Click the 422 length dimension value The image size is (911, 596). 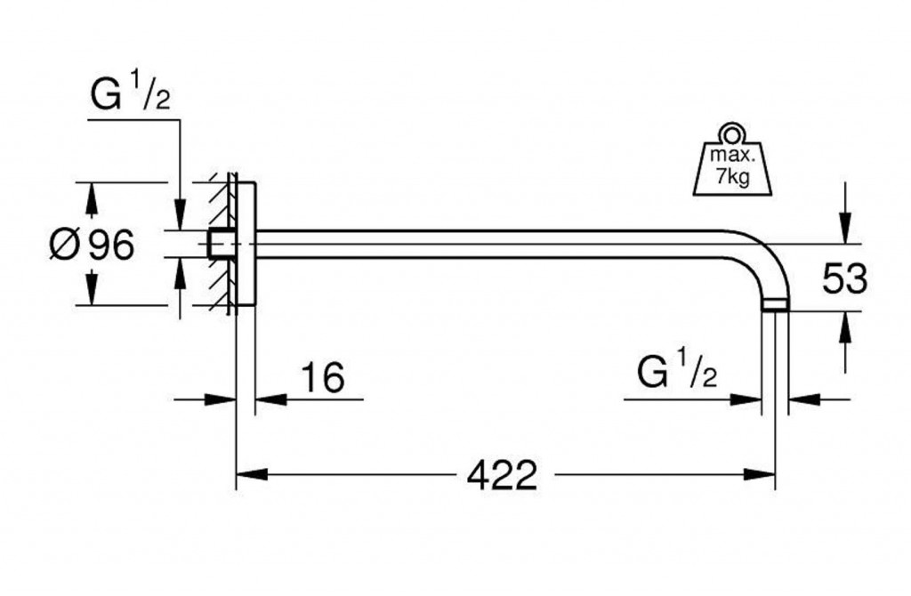tap(502, 476)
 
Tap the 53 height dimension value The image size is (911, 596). tap(843, 278)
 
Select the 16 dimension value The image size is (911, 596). tap(321, 377)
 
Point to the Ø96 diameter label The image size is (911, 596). tap(91, 245)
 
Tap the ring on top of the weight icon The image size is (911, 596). tap(732, 133)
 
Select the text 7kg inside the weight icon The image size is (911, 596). tap(732, 177)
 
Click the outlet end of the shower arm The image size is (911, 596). tap(775, 306)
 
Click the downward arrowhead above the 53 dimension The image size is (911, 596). tap(843, 229)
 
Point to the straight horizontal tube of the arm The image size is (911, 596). tap(498, 245)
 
